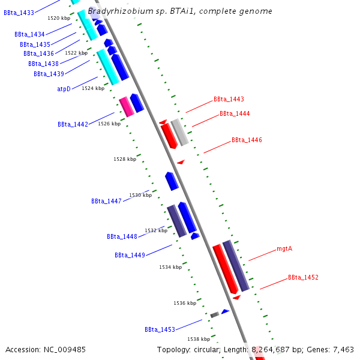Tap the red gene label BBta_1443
(x=229, y=99)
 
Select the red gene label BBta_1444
(x=235, y=113)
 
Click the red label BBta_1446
(x=247, y=140)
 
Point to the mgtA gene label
(x=284, y=248)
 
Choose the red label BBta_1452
(x=303, y=277)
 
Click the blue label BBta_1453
(x=160, y=329)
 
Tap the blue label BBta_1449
(x=130, y=255)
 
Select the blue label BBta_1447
(x=106, y=201)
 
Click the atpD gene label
(x=59, y=89)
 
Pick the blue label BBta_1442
(x=73, y=124)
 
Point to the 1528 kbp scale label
(x=125, y=159)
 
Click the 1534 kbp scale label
(x=170, y=267)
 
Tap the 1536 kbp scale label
(x=185, y=303)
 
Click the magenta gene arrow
(x=126, y=106)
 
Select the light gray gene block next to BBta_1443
(x=180, y=132)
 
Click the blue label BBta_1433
(x=19, y=13)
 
